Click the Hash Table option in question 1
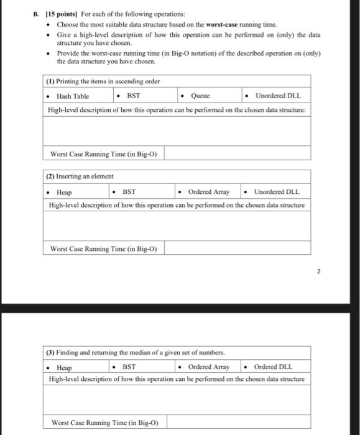pyautogui.click(x=72, y=96)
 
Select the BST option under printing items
pyautogui.click(x=133, y=96)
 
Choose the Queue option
pyautogui.click(x=200, y=96)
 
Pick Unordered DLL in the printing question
pyautogui.click(x=277, y=96)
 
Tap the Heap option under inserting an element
pyautogui.click(x=64, y=193)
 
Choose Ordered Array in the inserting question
pyautogui.click(x=209, y=193)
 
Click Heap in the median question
pyautogui.click(x=64, y=367)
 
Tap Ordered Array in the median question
pyautogui.click(x=209, y=367)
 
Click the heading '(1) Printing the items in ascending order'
pyautogui.click(x=103, y=82)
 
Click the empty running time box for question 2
pyautogui.click(x=237, y=249)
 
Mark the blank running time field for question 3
pyautogui.click(x=237, y=423)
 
